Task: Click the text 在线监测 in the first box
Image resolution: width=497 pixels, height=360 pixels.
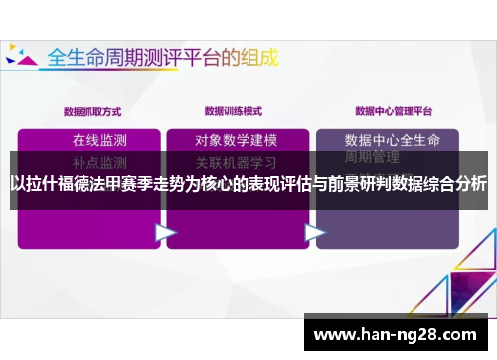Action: click(x=99, y=139)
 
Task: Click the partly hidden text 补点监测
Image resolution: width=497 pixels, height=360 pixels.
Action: click(x=99, y=161)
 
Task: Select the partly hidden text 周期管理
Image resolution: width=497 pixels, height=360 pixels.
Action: click(x=372, y=158)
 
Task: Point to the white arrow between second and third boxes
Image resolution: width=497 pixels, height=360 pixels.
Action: click(x=315, y=232)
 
